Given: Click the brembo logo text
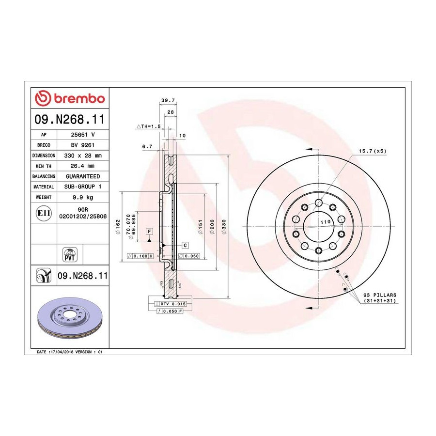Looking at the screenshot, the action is coord(79,99).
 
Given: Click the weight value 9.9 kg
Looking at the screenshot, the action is coord(83,198).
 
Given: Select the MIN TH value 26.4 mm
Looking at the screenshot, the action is coord(82,166).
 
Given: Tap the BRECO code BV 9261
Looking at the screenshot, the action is coord(83,145).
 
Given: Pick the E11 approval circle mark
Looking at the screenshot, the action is coord(44,213).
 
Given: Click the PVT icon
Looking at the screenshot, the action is coord(69,255).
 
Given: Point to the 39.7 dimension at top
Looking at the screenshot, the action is coord(168,100).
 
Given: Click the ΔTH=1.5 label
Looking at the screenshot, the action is coord(149,126).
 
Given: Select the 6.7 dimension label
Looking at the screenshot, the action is coord(147,146).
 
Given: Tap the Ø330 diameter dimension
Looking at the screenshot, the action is coord(224,227).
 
